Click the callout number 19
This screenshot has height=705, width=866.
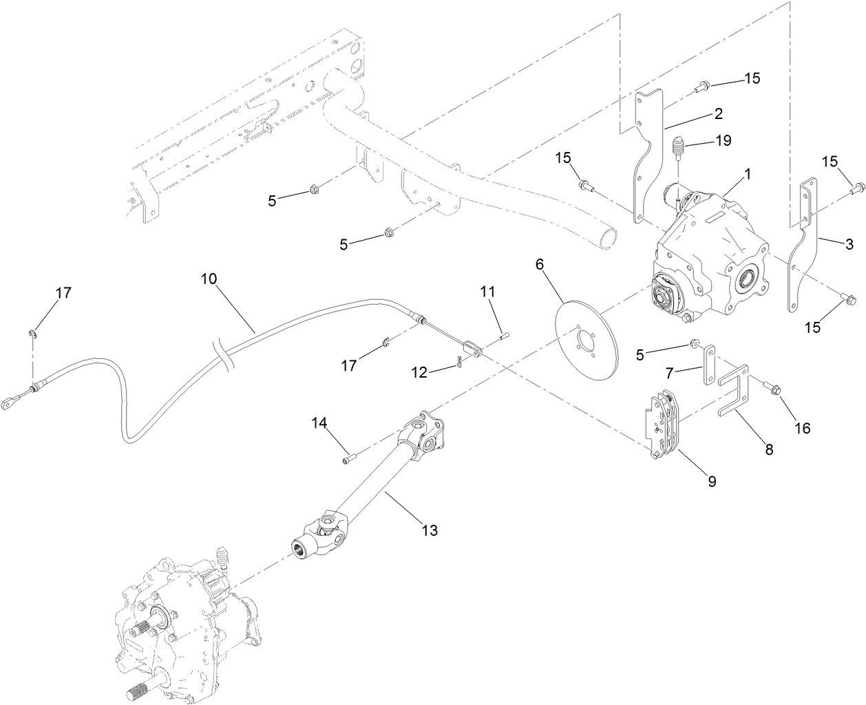click(723, 141)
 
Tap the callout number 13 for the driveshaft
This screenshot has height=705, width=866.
click(430, 530)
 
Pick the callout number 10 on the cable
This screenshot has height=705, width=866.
click(209, 279)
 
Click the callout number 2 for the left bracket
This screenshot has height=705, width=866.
click(717, 113)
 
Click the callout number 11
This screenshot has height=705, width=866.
click(487, 292)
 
